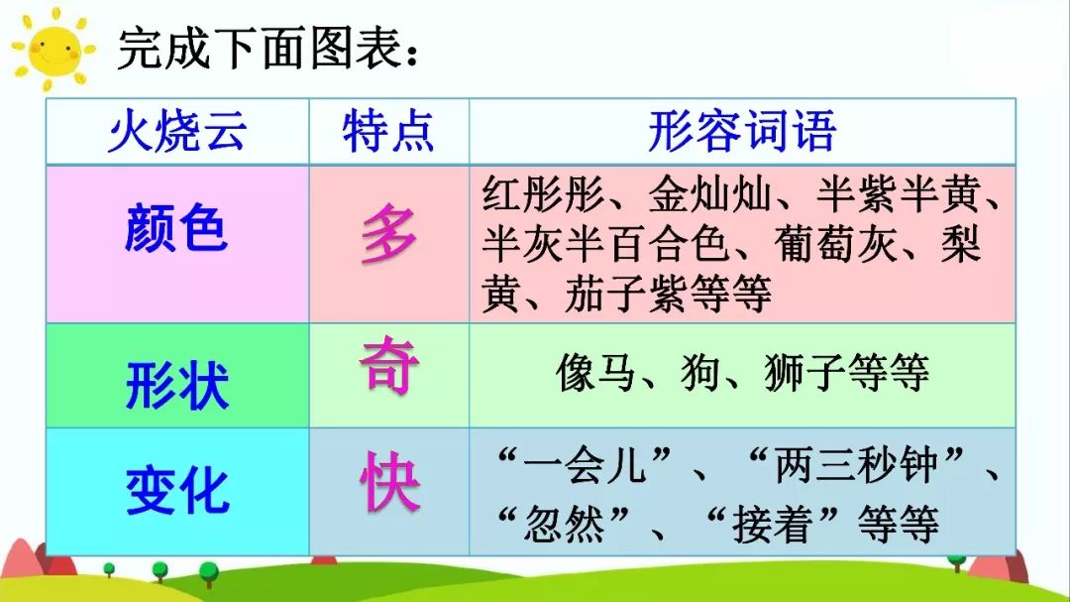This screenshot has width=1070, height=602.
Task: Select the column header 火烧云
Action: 177,132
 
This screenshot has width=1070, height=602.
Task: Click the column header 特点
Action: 388,132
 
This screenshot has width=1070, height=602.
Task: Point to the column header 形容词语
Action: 742,132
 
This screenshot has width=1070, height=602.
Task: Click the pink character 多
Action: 388,238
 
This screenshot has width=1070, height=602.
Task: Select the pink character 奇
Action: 388,365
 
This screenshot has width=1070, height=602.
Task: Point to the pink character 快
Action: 388,484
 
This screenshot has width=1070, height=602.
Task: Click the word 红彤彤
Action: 543,196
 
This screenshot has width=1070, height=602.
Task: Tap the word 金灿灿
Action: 709,196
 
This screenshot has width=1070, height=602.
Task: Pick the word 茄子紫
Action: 626,293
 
